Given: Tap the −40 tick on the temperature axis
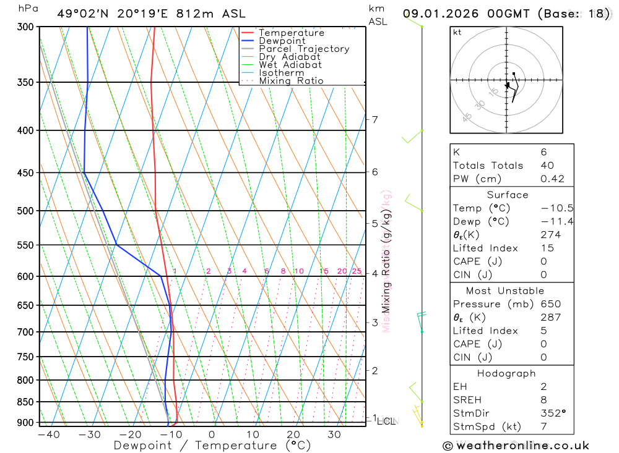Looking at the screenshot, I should [x=48, y=434].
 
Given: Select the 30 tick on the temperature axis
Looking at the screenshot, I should [x=334, y=434].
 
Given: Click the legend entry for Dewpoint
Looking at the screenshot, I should [x=282, y=41].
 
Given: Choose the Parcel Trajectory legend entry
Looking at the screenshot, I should [x=304, y=49].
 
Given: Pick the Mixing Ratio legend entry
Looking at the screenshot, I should [x=291, y=80].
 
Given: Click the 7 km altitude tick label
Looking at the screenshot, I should [x=375, y=119].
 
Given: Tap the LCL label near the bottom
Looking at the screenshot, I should [x=386, y=421].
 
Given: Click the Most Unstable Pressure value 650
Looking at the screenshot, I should [x=550, y=304].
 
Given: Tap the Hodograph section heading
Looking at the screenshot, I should [x=507, y=373].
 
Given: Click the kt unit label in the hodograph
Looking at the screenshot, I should [x=457, y=32].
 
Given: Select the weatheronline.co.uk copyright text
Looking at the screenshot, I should [x=516, y=446].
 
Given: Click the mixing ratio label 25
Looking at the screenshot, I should [x=357, y=271].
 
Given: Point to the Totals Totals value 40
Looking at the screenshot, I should [x=547, y=166].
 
